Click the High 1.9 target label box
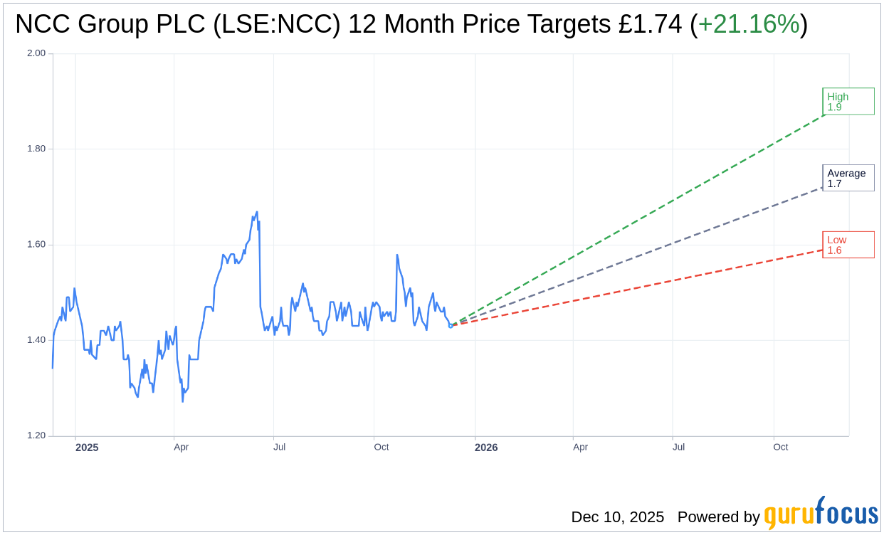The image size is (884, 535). point(848,101)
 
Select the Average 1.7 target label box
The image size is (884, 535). point(848,178)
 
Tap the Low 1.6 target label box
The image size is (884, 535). point(848,245)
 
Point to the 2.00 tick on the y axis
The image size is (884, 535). point(36,53)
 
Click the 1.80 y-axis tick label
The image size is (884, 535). point(36,149)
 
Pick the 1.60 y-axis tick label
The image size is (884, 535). point(36,245)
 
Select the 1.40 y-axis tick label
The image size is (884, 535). point(36,340)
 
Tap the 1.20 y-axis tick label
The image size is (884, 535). point(36,435)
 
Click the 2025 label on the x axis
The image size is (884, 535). point(87,447)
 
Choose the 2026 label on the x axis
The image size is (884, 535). point(486,447)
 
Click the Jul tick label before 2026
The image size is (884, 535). point(279,447)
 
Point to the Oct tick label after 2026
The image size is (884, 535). point(780,447)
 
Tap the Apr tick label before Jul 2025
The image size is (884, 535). point(181,447)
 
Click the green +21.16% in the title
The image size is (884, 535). point(748,24)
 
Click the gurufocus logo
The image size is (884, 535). point(821,514)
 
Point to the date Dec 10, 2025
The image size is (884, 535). point(617,517)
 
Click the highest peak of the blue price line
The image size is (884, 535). point(257,212)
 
